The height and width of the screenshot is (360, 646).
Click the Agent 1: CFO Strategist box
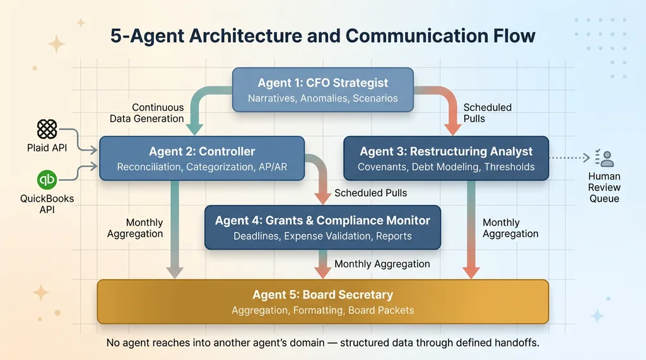pyautogui.click(x=322, y=90)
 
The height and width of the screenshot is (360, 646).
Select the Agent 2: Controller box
pyautogui.click(x=202, y=159)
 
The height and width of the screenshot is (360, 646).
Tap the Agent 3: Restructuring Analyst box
pyautogui.click(x=446, y=159)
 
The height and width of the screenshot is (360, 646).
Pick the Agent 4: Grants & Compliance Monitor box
pyautogui.click(x=322, y=228)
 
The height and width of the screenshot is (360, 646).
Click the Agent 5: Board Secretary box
pyautogui.click(x=322, y=301)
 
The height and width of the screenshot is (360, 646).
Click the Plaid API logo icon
pyautogui.click(x=47, y=129)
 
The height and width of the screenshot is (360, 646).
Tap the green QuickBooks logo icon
pyautogui.click(x=47, y=180)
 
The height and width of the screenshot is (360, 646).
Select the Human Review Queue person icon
pyautogui.click(x=604, y=158)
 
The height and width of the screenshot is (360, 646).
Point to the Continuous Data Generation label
pyautogui.click(x=147, y=113)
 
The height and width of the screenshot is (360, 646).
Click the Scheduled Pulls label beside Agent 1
pyautogui.click(x=487, y=113)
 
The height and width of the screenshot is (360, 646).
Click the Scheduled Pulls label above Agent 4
pyautogui.click(x=370, y=193)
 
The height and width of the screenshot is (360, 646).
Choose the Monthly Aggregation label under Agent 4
pyautogui.click(x=382, y=264)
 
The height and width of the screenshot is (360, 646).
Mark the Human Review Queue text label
pyautogui.click(x=604, y=187)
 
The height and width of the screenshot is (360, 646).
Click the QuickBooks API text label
pyautogui.click(x=47, y=204)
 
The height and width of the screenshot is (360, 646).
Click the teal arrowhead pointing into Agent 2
pyautogui.click(x=194, y=130)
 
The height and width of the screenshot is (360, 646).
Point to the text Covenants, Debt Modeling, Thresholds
pyautogui.click(x=446, y=167)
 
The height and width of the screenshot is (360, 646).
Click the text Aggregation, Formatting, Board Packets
pyautogui.click(x=322, y=310)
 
